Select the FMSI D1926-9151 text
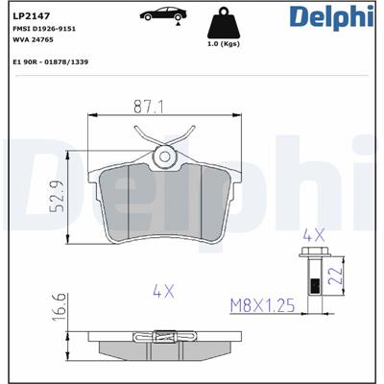[44, 31]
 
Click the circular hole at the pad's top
[164, 156]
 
